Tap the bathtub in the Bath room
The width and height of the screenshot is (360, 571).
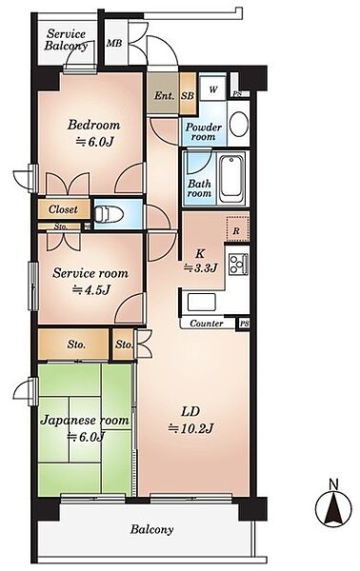click(231, 176)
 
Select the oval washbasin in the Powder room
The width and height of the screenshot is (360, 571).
click(239, 124)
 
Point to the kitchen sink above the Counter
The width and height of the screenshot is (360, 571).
click(202, 302)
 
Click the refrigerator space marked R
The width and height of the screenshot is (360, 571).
click(237, 229)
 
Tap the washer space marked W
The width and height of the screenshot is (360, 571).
click(213, 89)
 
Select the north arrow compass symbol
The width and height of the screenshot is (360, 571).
click(333, 504)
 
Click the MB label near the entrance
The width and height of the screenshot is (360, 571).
click(114, 44)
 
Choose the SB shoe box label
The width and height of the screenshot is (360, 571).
click(188, 96)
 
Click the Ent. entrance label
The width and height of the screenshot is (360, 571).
click(164, 96)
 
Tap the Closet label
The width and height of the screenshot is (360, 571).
click(63, 209)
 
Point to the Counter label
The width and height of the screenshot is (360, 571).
click(207, 324)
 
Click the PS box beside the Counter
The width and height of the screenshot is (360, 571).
click(244, 324)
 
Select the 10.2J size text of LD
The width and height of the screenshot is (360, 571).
click(190, 428)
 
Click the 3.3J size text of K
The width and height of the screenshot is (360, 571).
click(200, 268)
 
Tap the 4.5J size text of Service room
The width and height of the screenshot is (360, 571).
click(90, 290)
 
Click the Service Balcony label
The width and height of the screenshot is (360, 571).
click(66, 40)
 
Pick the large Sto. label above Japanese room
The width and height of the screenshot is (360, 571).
click(76, 345)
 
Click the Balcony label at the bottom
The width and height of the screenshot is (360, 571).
click(151, 529)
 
